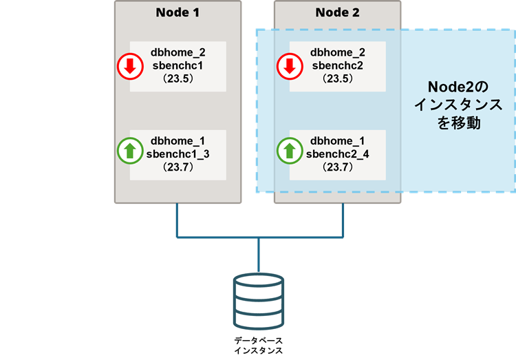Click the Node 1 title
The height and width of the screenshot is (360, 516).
[x=178, y=12]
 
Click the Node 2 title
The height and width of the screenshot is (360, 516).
[x=337, y=12]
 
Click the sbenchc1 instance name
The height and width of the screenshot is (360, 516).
[x=178, y=65]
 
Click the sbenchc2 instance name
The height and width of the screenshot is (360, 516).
[x=337, y=65]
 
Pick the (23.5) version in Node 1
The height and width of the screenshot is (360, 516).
[x=178, y=78]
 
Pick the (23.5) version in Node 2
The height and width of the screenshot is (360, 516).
[x=337, y=78]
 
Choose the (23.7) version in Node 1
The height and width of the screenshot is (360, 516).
[x=178, y=167]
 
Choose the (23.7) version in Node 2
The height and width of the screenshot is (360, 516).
[x=337, y=167]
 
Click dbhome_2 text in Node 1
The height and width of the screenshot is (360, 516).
[x=178, y=53]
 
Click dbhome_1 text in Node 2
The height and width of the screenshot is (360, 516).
[x=337, y=141]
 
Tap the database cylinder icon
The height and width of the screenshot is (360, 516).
[x=258, y=301]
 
